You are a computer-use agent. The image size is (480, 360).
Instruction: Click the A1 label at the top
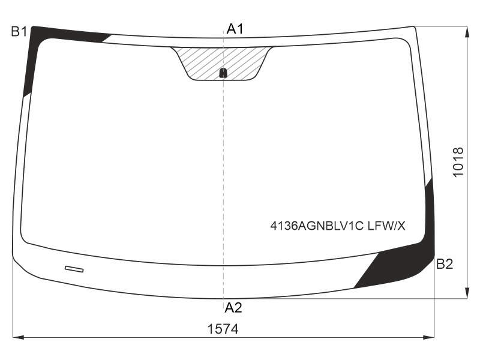tap(235, 29)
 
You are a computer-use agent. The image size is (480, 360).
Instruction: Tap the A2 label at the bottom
tap(233, 307)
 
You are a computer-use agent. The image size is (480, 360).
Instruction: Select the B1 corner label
tap(19, 32)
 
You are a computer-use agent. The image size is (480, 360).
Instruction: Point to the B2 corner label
tap(445, 264)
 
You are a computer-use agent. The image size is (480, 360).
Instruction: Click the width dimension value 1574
tap(223, 329)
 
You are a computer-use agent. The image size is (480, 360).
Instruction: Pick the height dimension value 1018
tap(458, 162)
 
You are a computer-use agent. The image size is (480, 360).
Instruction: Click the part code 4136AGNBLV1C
tap(317, 226)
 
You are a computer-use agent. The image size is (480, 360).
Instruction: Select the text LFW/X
tap(386, 226)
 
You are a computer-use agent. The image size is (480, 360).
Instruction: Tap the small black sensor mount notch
tap(223, 73)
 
